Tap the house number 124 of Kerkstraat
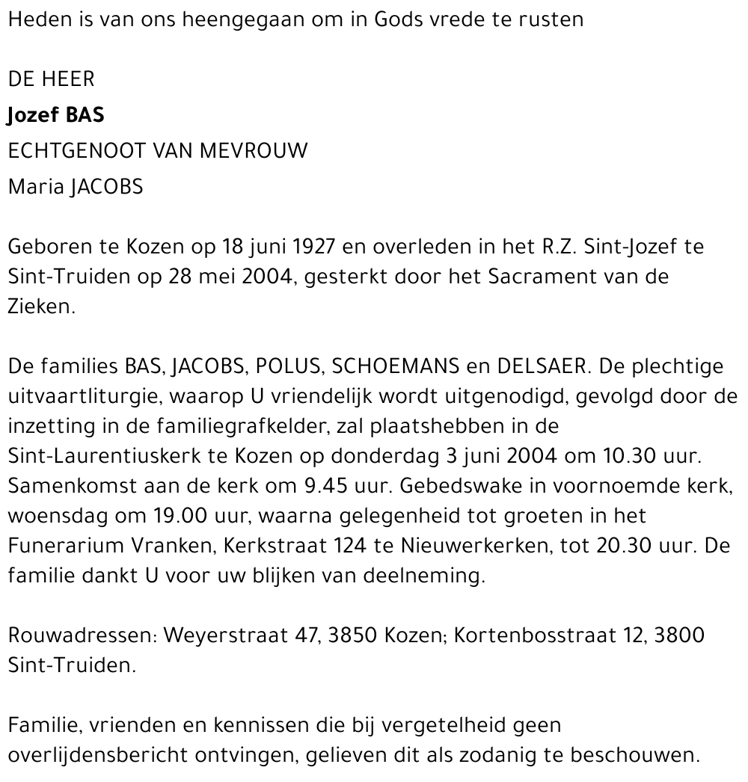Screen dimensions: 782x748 click(x=349, y=546)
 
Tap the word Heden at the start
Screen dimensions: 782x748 click(x=34, y=19)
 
